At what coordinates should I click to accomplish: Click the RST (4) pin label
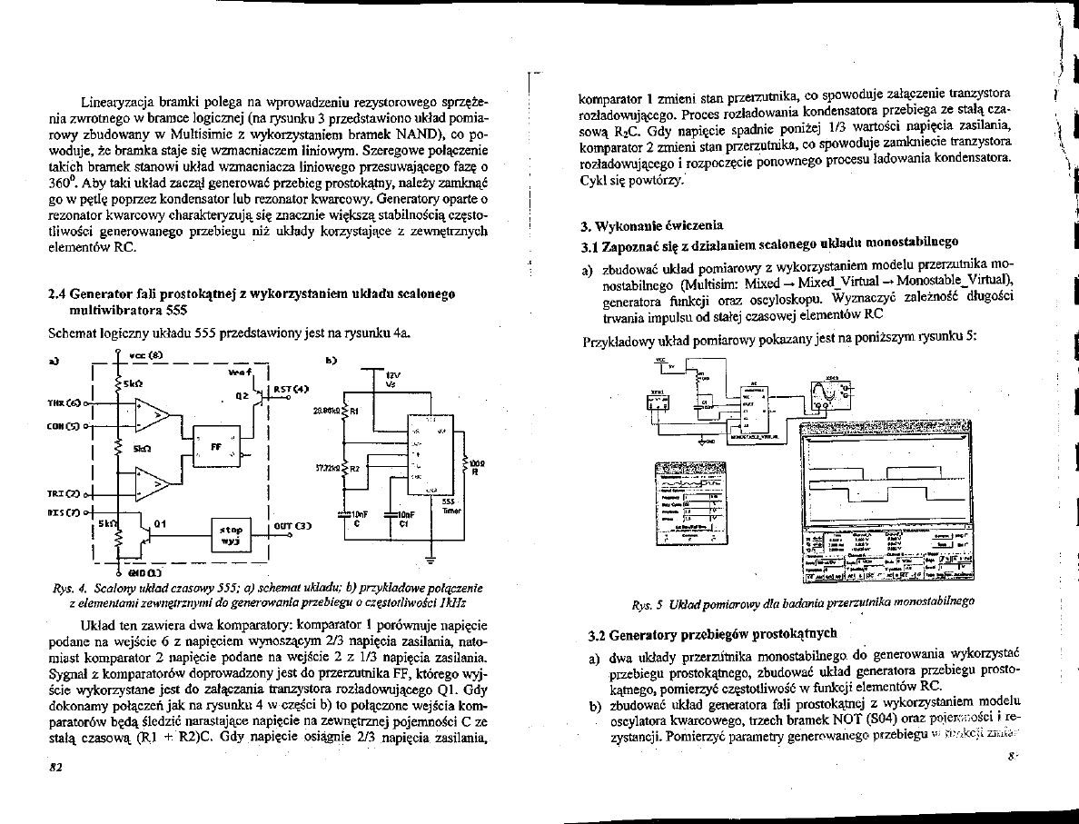[287, 389]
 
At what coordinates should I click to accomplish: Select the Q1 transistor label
[160, 523]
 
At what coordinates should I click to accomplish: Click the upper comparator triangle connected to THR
[152, 415]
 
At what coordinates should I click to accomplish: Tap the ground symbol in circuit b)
[430, 556]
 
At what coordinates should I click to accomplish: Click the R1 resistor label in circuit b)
[355, 410]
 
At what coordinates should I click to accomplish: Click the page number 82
[55, 767]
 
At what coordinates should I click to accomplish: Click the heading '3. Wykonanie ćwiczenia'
[651, 223]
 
